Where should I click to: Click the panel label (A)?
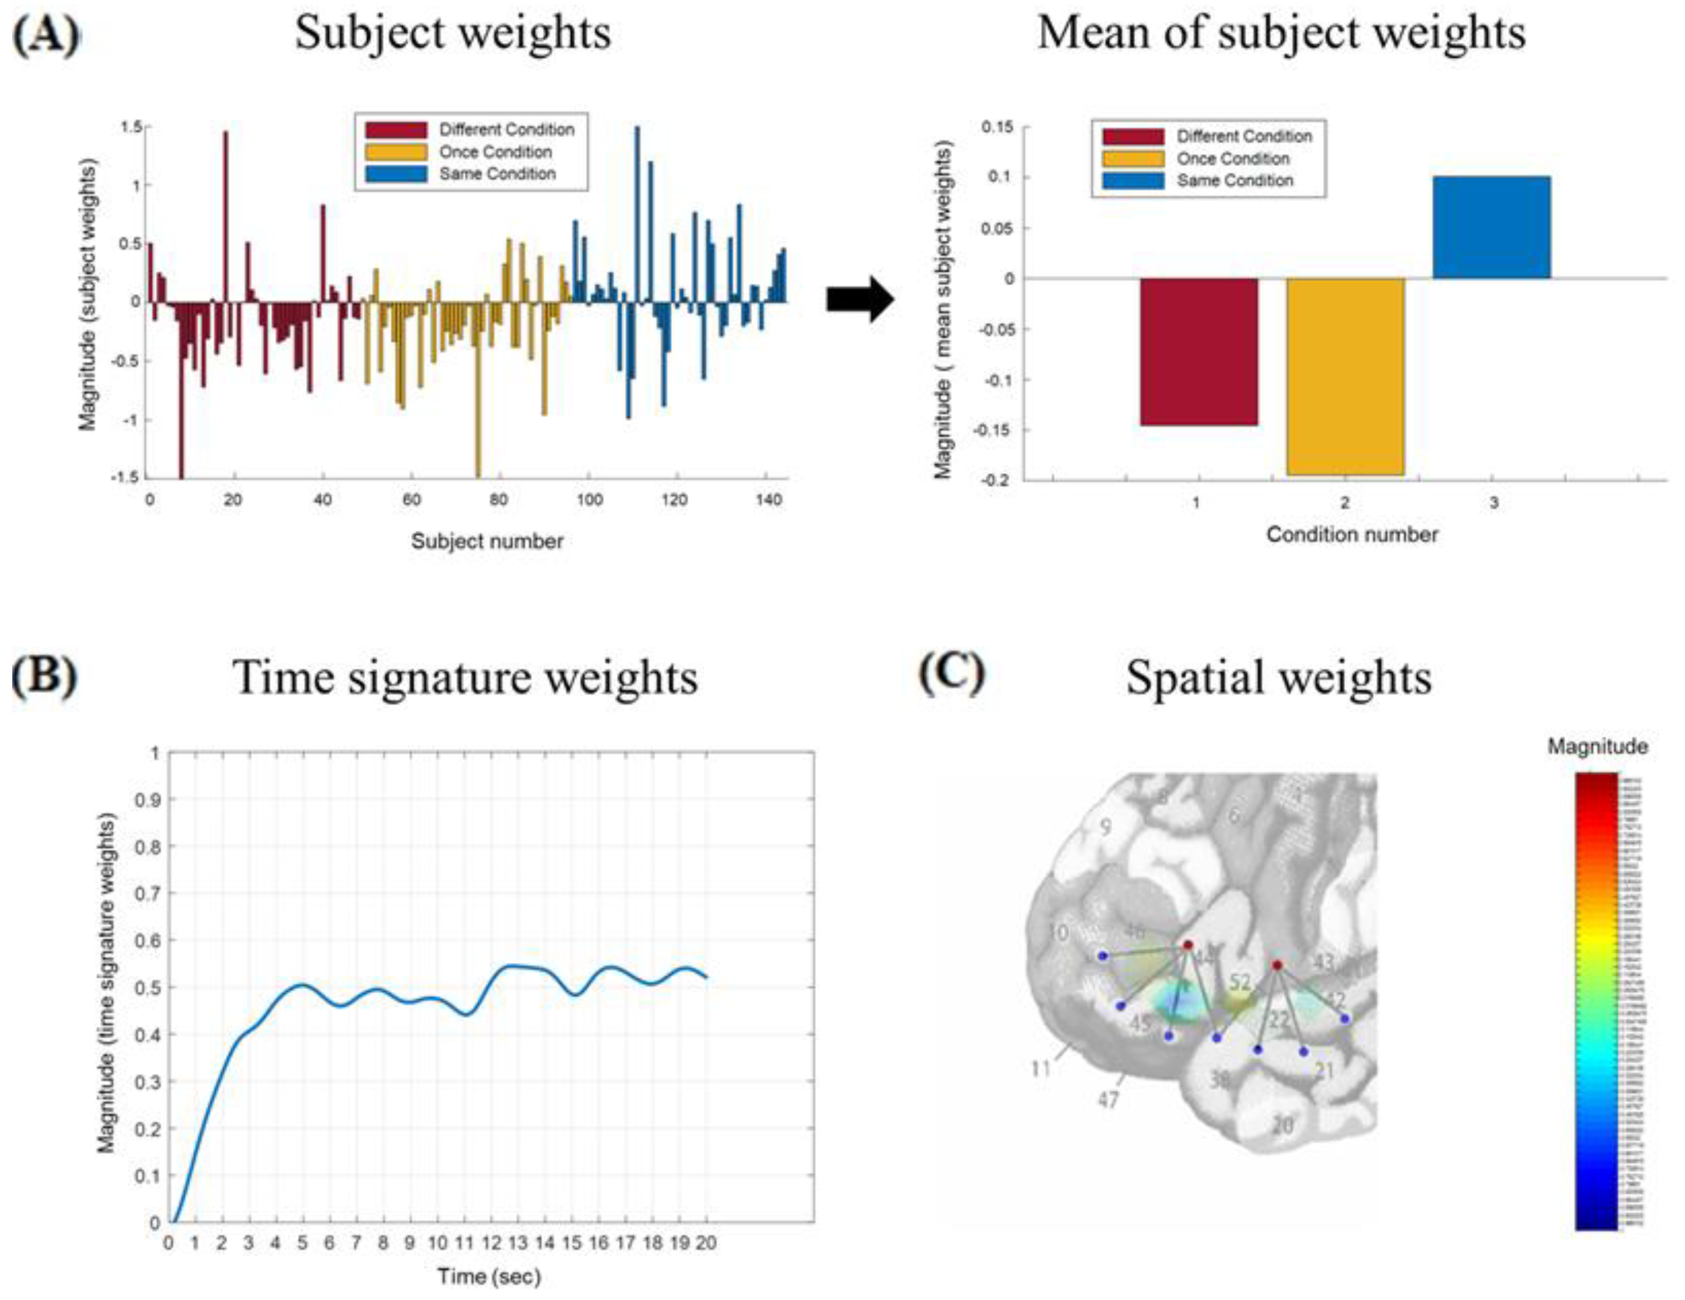[46, 35]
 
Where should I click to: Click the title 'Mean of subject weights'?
[1281, 34]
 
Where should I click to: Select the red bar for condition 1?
[1199, 351]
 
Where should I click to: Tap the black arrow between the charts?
[859, 299]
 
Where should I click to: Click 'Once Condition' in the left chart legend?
[495, 152]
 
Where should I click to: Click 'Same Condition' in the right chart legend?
[1235, 181]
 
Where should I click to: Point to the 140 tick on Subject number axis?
[769, 500]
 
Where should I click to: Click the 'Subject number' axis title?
[487, 541]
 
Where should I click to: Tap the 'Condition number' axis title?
[1351, 535]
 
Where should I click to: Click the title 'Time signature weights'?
[465, 677]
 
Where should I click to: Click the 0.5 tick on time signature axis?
[149, 988]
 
